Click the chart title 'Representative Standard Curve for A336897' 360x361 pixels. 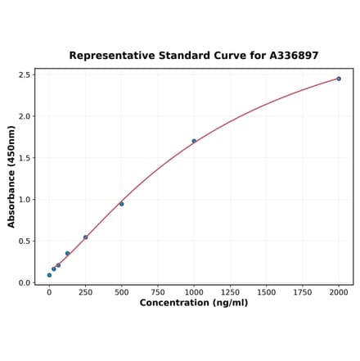(x=194, y=56)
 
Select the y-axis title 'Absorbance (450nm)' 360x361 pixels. (x=11, y=176)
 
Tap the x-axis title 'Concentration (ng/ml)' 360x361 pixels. (x=194, y=303)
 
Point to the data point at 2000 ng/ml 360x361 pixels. (x=339, y=79)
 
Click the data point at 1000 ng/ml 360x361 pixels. (x=194, y=141)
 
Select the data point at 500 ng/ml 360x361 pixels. (x=122, y=204)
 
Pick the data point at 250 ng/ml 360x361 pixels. (x=85, y=237)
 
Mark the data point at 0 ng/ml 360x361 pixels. (x=49, y=275)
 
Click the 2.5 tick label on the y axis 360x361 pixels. (x=25, y=74)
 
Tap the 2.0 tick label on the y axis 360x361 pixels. (x=25, y=116)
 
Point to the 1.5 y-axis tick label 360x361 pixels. (x=25, y=158)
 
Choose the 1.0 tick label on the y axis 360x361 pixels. (x=25, y=200)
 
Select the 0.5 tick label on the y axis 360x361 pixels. (x=25, y=241)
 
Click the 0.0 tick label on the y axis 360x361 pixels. (x=25, y=283)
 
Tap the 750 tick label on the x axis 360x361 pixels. (x=158, y=291)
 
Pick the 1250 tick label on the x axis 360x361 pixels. (x=230, y=291)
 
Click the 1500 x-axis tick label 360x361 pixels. (x=266, y=291)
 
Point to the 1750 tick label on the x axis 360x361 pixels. (x=303, y=291)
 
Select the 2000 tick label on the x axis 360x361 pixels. (x=339, y=291)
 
